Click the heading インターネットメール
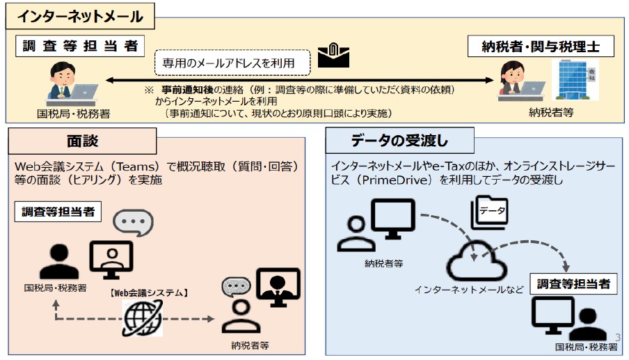[x=80, y=16]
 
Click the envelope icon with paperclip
[x=333, y=57]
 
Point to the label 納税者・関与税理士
[x=549, y=47]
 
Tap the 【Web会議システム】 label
[x=149, y=292]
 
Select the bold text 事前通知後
[x=187, y=91]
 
